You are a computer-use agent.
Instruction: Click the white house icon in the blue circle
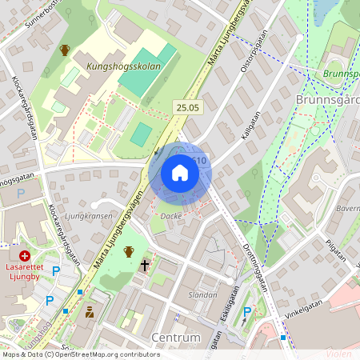coord(180,173)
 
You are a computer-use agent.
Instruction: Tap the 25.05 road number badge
coord(186,107)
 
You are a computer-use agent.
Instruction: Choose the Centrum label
coord(175,338)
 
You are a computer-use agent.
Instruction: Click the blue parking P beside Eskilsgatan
coord(247,311)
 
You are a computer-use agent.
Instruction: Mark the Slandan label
coord(201,294)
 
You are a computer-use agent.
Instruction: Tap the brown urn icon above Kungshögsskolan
coord(65,50)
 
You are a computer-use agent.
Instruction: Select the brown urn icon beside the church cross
coord(128,252)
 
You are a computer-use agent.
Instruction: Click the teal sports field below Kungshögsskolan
coord(142,134)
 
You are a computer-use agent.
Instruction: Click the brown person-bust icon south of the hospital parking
coord(90,311)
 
